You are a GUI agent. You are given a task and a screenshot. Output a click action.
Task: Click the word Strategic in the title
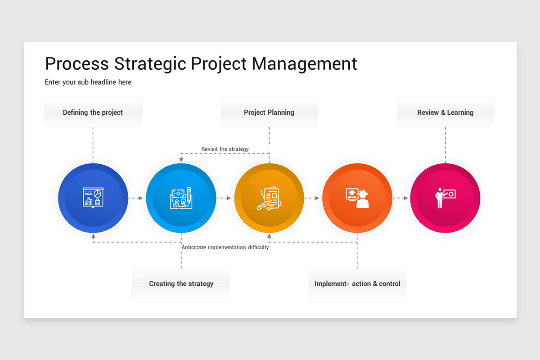tap(150, 64)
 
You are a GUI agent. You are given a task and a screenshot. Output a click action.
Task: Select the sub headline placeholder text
tap(88, 82)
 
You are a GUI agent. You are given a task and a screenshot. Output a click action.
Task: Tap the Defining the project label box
tap(93, 112)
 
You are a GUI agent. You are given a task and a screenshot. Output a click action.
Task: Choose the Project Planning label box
tap(269, 112)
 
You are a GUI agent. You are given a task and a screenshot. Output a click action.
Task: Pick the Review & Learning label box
tap(445, 112)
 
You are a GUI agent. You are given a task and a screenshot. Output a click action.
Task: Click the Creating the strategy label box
tap(181, 284)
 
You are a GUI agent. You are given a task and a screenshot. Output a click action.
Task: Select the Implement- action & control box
tap(357, 284)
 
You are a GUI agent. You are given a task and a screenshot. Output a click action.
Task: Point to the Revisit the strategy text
tap(225, 149)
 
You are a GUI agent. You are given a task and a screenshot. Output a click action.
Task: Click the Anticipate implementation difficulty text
tap(225, 247)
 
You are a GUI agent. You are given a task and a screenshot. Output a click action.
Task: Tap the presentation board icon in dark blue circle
tap(93, 198)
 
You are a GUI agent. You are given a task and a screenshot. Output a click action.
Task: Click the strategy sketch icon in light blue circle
tap(181, 198)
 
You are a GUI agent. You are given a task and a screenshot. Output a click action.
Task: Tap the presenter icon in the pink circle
tap(445, 198)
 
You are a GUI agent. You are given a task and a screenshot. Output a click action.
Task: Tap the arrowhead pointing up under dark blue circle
tap(93, 236)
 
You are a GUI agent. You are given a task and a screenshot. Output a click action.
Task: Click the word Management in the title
tap(304, 64)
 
